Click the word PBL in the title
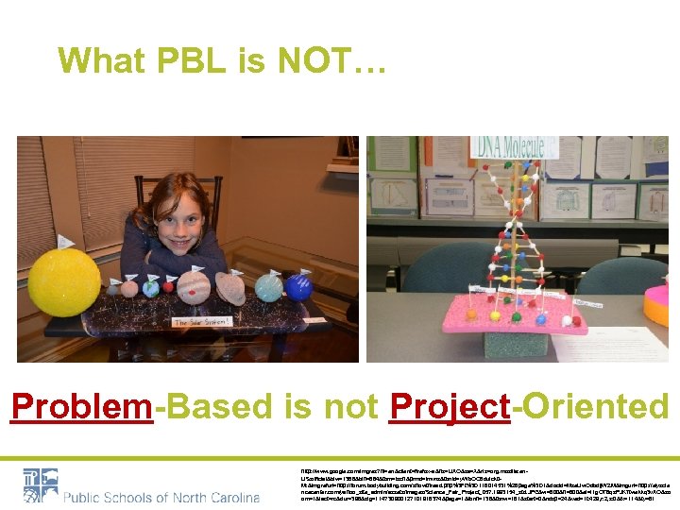coord(169,59)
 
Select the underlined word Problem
coord(81,407)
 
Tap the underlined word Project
coord(450,407)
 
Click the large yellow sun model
coord(64,281)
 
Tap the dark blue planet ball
coord(299,286)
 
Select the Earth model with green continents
coord(153,287)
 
